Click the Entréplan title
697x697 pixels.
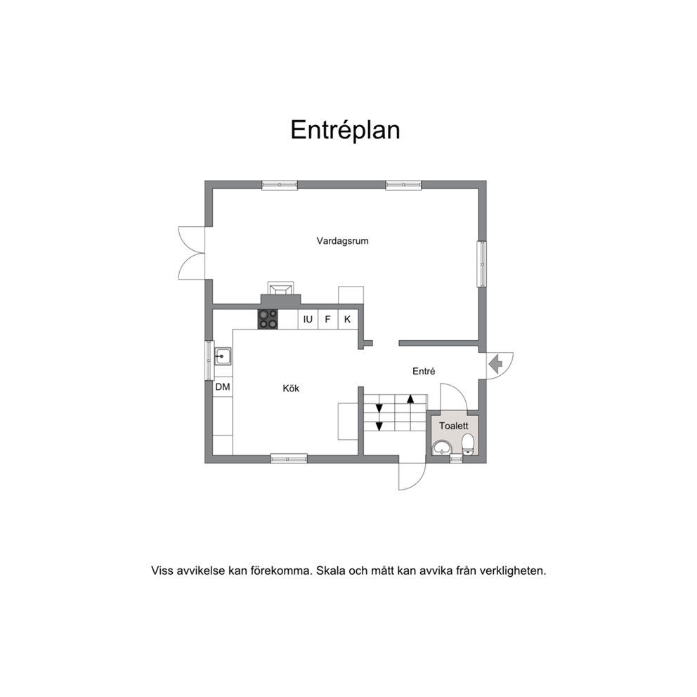346,131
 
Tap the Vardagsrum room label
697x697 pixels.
342,241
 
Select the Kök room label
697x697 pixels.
291,389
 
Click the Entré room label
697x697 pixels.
424,371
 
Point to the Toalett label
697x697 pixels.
454,426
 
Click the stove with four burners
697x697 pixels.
268,319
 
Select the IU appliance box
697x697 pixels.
308,319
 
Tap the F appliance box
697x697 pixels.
328,319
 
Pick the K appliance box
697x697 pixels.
348,319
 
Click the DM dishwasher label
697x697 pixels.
223,386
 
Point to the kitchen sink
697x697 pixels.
223,356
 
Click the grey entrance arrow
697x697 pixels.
495,365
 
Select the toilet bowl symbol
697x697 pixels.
468,444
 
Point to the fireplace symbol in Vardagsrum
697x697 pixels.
280,289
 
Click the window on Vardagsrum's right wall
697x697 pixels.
482,264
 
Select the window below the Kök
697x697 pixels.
289,459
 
